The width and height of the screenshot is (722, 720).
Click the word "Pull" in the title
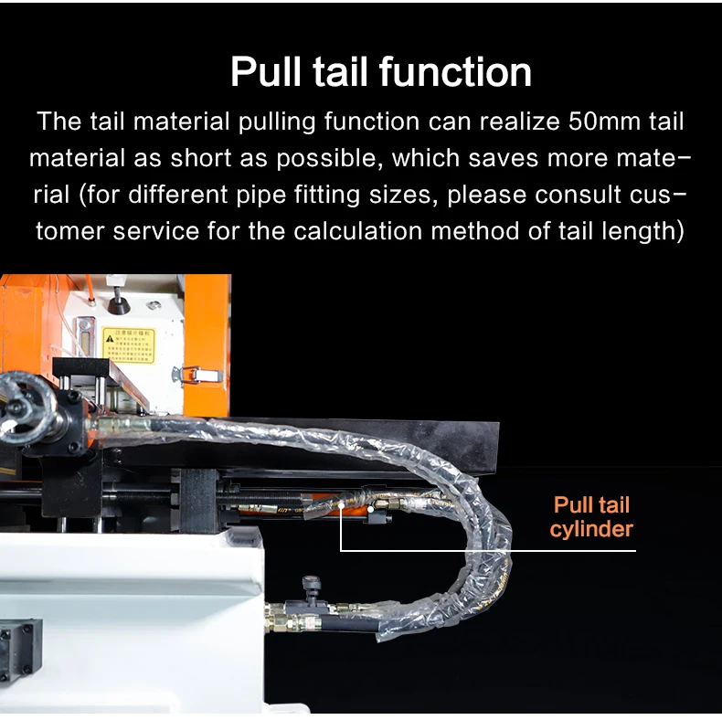266,72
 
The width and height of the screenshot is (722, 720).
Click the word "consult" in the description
580,195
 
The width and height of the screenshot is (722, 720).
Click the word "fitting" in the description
373,195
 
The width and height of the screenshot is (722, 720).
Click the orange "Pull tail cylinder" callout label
591,517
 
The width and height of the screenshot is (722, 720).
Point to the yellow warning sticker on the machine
128,344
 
